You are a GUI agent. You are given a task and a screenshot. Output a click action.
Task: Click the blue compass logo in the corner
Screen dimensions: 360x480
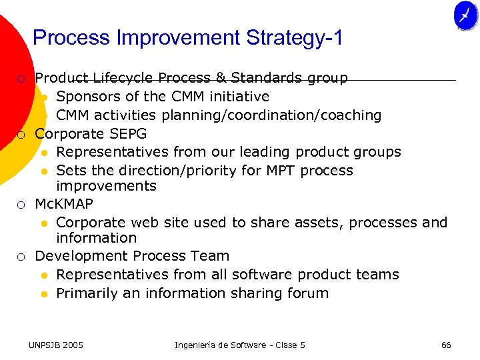coord(465,16)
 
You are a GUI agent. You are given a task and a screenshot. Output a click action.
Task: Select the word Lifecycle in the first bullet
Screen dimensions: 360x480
coord(123,79)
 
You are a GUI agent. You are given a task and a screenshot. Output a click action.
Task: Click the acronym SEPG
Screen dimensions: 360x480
coord(127,134)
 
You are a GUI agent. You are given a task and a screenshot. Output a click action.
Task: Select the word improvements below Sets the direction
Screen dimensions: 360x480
coord(106,186)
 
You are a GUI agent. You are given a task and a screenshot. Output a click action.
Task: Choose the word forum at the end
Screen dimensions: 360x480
coord(307,293)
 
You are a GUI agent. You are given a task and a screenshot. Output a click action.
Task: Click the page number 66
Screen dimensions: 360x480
coord(446,345)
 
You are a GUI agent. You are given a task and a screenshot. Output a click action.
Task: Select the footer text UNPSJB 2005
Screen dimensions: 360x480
coord(56,345)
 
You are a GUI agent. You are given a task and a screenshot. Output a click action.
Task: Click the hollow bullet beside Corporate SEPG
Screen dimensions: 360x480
coord(21,135)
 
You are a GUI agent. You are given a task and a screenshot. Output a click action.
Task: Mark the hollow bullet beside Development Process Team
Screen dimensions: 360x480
coord(21,257)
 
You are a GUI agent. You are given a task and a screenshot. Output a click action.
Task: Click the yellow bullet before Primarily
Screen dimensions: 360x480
coord(44,294)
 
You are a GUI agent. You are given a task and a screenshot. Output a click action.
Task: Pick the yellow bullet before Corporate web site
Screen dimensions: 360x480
coord(44,223)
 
